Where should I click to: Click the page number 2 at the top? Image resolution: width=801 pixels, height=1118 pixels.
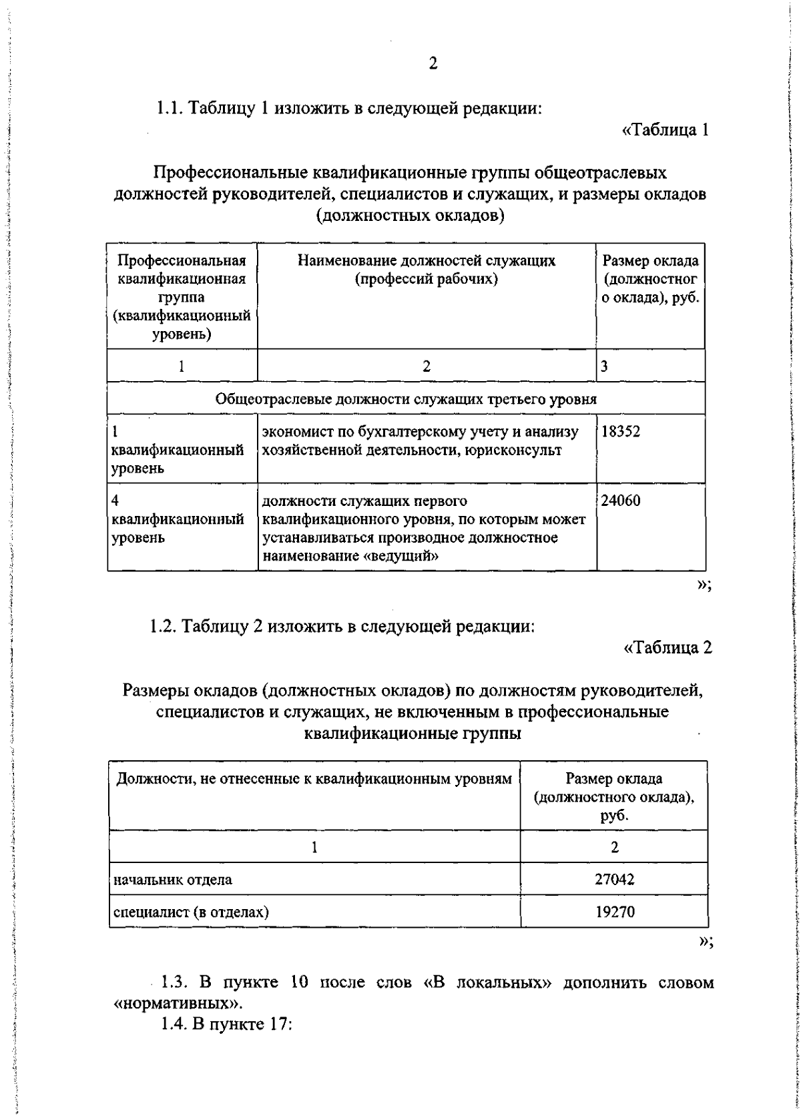click(x=433, y=64)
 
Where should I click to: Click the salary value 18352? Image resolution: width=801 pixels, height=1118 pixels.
click(x=620, y=432)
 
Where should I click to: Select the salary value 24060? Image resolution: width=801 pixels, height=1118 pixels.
click(x=620, y=501)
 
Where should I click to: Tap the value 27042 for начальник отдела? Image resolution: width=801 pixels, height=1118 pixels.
click(x=614, y=879)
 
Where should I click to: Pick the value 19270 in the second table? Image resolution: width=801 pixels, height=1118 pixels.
click(x=614, y=911)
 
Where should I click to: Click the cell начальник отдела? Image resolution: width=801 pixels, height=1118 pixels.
click(x=174, y=879)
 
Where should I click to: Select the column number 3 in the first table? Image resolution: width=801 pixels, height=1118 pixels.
click(x=604, y=366)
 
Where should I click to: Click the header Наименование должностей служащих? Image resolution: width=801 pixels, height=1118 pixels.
click(x=426, y=261)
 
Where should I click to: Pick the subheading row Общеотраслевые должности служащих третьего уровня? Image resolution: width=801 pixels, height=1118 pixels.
click(x=406, y=399)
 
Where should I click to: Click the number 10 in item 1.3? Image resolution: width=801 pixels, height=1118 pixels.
click(x=300, y=1002)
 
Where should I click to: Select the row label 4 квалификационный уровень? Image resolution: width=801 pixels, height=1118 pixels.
click(x=178, y=519)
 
